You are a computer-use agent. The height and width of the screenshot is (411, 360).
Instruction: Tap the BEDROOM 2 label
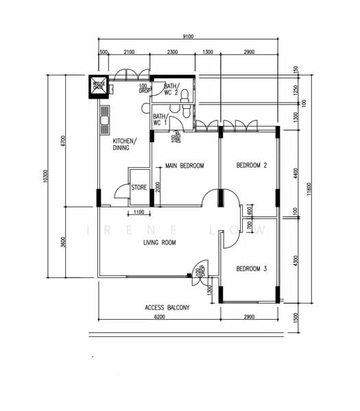point(251,165)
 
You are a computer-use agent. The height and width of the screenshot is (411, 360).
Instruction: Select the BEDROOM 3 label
point(251,269)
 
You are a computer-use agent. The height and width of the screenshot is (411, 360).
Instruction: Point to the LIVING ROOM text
point(160,243)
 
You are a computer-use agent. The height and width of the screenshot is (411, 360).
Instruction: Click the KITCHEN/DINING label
point(125,145)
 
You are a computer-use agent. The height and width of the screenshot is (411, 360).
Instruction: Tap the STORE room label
point(139,186)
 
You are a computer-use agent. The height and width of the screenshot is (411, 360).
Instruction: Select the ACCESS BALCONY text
point(167,308)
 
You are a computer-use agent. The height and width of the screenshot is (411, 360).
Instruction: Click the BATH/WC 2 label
point(171,89)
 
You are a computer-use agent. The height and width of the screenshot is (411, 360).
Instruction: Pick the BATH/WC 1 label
point(160,120)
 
